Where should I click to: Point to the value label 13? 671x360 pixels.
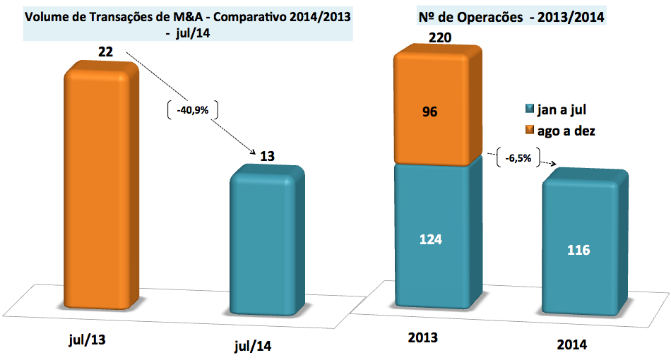(268, 156)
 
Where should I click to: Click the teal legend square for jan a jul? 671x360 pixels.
(527, 109)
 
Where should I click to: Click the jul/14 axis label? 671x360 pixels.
(252, 346)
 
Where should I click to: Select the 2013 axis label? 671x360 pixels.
(423, 337)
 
